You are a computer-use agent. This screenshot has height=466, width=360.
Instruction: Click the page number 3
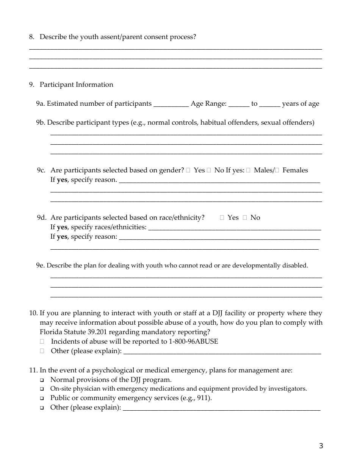(321, 446)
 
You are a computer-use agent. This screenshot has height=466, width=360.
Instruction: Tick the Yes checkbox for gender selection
(188, 170)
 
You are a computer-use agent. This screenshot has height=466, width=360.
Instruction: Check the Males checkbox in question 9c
(248, 170)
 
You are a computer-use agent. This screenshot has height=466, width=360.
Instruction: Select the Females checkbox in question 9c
(277, 170)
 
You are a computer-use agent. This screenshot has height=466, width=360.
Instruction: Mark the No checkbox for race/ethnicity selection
(245, 217)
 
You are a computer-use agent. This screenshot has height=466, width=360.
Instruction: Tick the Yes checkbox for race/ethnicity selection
(222, 217)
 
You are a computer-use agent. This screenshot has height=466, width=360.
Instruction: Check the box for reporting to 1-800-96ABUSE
(42, 341)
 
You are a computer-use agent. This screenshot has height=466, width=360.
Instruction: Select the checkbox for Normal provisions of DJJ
(42, 380)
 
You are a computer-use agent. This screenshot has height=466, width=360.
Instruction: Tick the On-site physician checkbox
(42, 389)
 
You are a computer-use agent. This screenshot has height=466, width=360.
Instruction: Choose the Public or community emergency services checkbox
(42, 399)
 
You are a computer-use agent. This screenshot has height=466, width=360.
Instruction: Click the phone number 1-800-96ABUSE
(193, 341)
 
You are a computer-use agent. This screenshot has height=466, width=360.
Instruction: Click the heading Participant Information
(76, 84)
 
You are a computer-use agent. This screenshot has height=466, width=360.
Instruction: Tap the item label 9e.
(40, 265)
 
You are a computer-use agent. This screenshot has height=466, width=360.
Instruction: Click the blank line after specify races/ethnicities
(235, 228)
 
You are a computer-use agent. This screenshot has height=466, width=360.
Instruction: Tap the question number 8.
(32, 37)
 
